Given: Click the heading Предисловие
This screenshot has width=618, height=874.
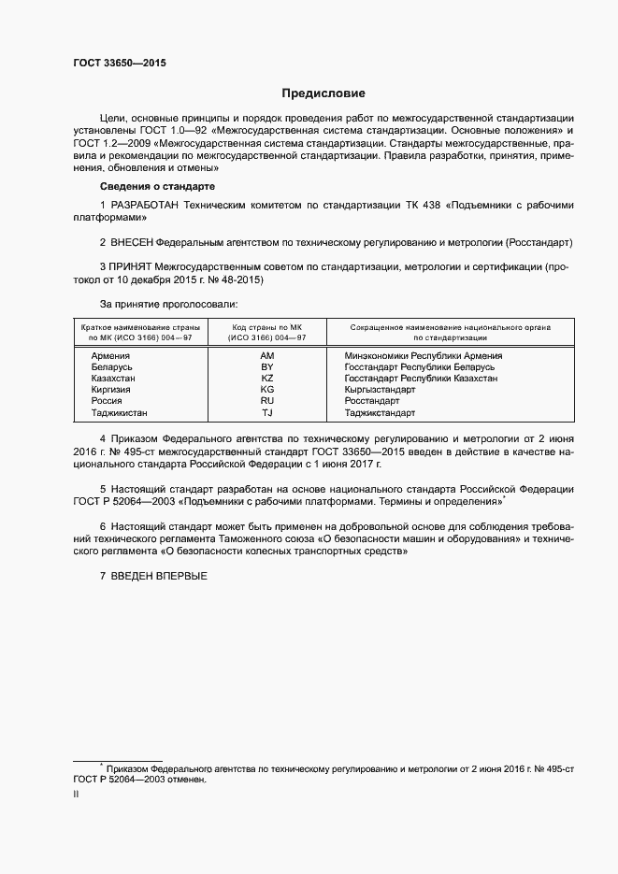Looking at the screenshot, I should (324, 93).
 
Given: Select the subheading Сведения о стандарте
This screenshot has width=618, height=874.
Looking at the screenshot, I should (152, 188).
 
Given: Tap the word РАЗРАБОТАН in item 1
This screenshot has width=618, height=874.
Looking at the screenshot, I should (145, 205).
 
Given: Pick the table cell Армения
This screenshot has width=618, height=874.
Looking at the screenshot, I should (110, 356).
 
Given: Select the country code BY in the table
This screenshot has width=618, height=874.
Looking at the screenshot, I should (267, 367).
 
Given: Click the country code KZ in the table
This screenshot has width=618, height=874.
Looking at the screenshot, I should (267, 379).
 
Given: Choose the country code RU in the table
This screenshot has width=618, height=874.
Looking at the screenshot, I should (267, 401).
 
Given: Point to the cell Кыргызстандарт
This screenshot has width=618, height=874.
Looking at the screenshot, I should (380, 390).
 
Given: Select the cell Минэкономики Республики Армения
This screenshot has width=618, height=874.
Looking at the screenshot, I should (423, 356).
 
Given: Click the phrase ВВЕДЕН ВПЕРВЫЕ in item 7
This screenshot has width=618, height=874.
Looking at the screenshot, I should (159, 575).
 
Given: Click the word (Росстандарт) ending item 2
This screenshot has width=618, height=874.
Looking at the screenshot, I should (539, 242).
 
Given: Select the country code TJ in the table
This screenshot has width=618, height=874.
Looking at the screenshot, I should (267, 412).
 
